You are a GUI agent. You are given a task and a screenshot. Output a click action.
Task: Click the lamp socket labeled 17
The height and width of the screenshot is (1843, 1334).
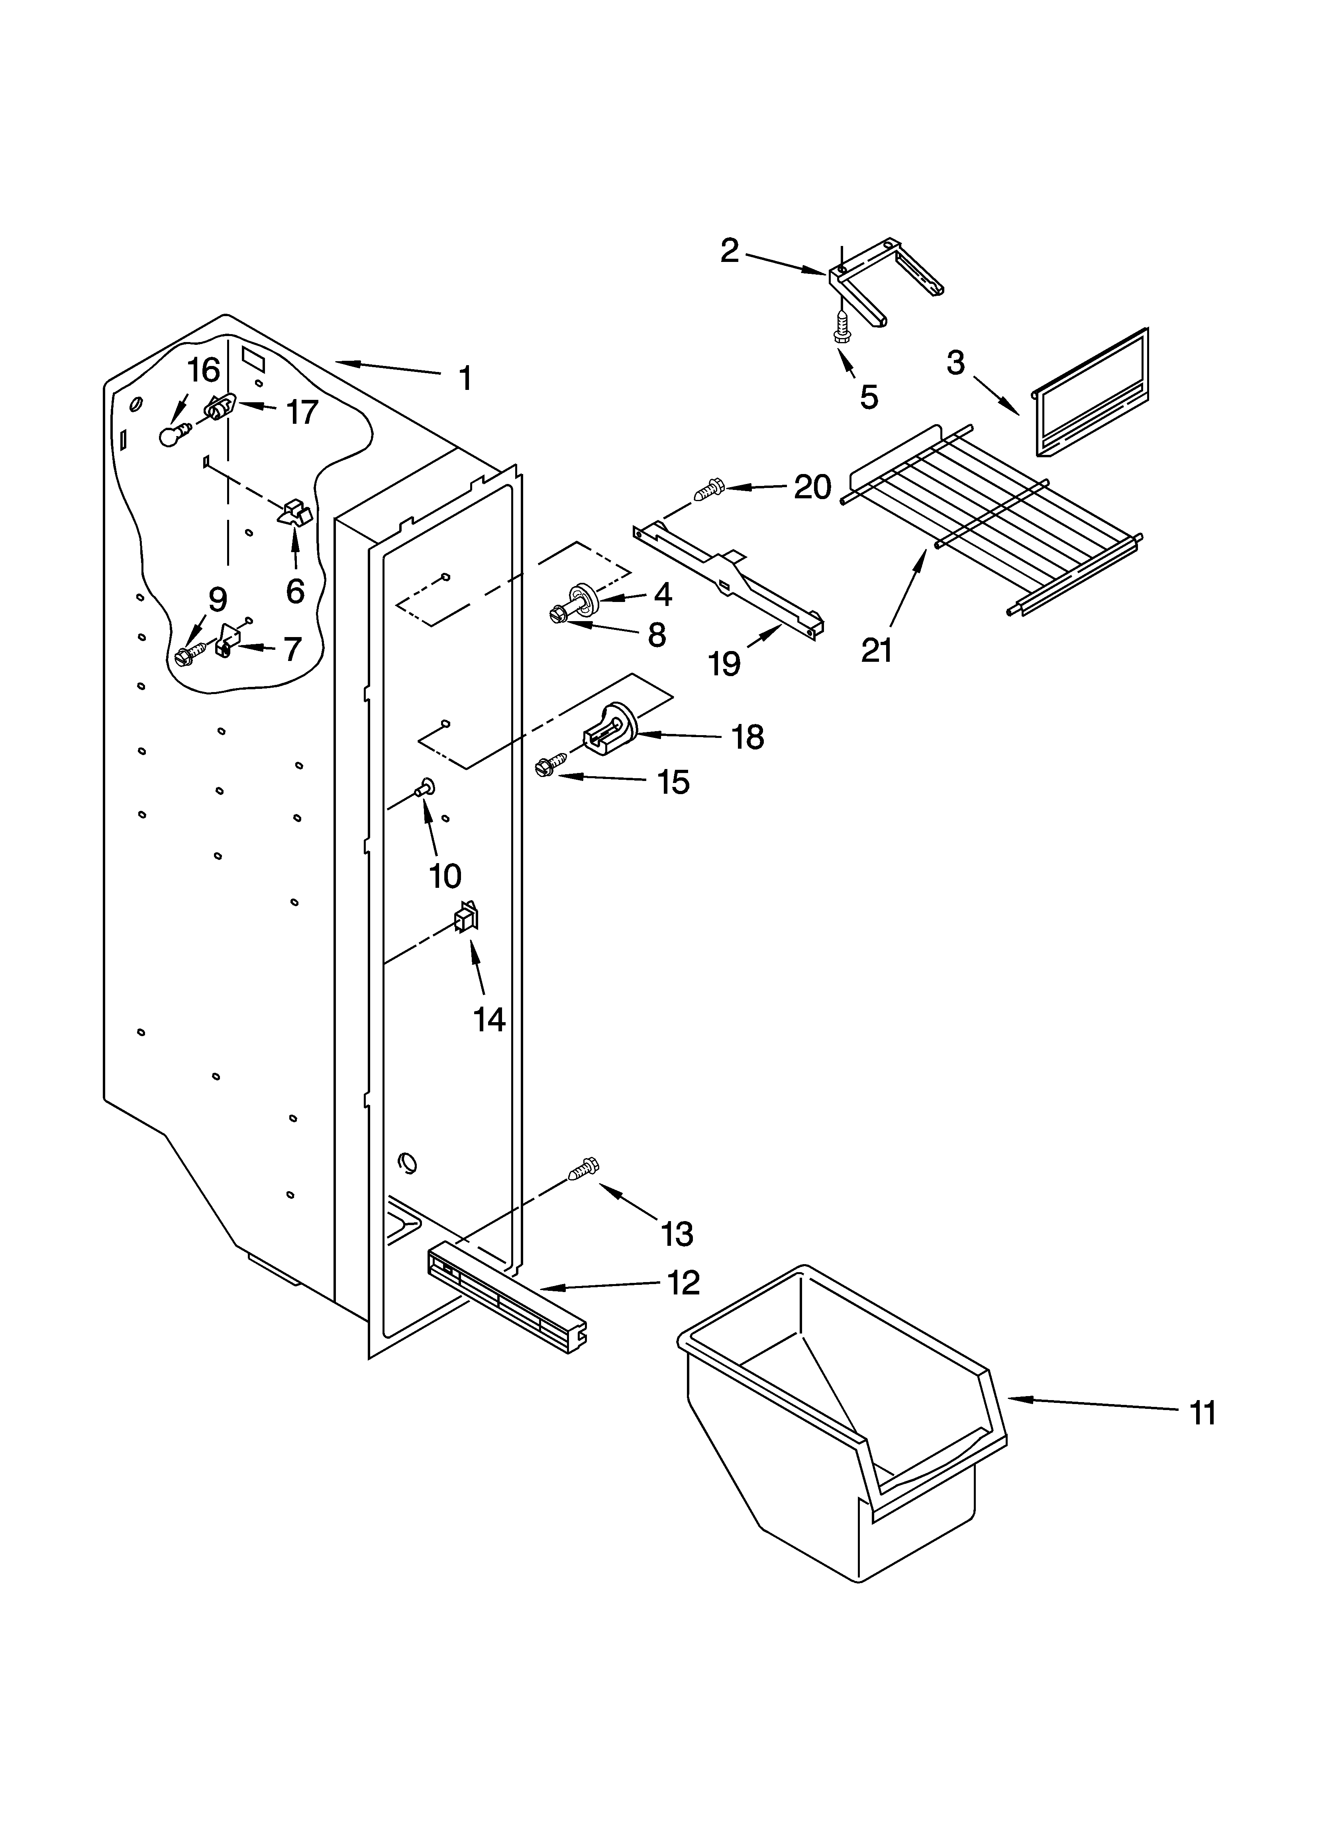(x=220, y=406)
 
